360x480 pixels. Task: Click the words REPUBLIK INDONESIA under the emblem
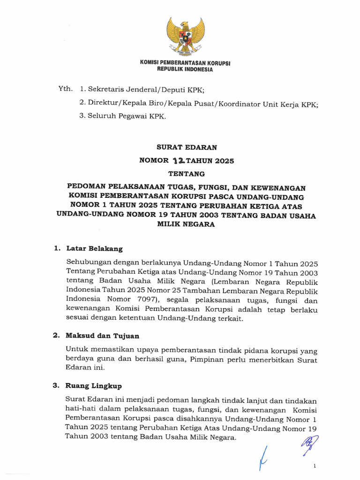click(185, 69)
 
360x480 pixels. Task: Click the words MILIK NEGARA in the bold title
click(186, 224)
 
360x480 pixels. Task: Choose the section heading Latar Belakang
click(94, 248)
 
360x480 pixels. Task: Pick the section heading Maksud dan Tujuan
click(103, 336)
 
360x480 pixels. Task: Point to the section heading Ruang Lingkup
click(94, 386)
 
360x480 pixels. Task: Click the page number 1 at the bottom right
click(315, 466)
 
